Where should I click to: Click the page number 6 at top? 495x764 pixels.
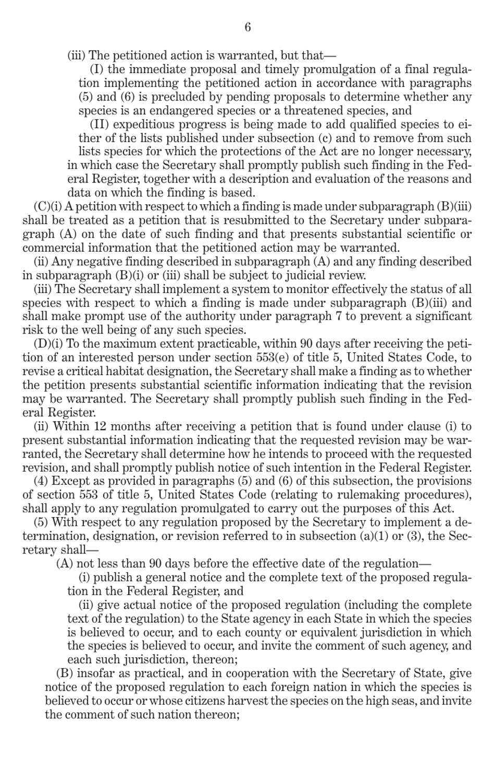(x=247, y=27)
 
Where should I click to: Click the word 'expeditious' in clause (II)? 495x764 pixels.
(x=141, y=125)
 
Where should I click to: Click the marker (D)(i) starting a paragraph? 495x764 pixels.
(x=44, y=344)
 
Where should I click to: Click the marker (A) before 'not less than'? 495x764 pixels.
(x=65, y=564)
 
